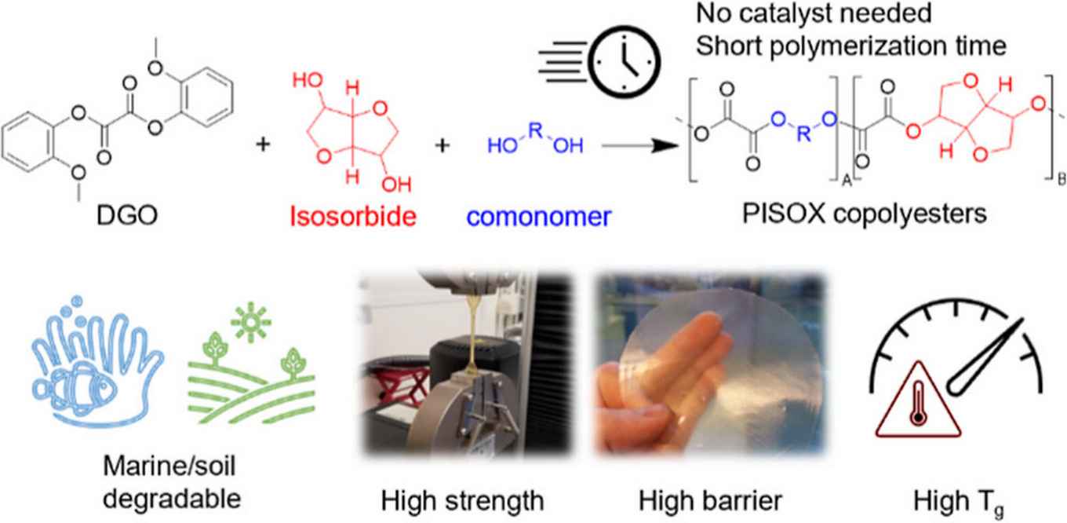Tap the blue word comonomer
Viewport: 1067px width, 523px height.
coord(547,214)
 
